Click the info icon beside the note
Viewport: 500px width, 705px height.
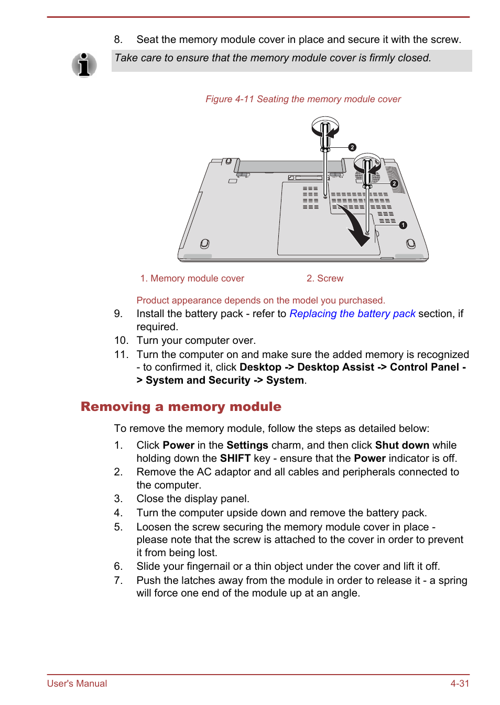(x=84, y=65)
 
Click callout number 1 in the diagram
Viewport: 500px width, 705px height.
(x=403, y=225)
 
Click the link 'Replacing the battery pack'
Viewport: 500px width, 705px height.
(x=352, y=313)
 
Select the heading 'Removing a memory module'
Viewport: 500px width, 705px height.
(x=181, y=407)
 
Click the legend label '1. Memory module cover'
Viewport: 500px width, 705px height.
(x=192, y=278)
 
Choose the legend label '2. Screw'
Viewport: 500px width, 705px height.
(x=325, y=278)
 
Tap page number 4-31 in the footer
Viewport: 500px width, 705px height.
(x=460, y=684)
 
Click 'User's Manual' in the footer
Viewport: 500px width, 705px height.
(x=77, y=684)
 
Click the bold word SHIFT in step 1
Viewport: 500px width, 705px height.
(x=235, y=458)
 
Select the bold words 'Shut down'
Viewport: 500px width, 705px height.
(x=402, y=445)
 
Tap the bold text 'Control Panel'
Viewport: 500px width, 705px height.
(x=424, y=367)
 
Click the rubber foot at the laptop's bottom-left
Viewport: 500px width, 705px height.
(x=204, y=244)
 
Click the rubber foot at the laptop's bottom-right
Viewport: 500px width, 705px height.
(x=410, y=243)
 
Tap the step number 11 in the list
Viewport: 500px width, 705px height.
(x=121, y=354)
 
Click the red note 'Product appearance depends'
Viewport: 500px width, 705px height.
(x=260, y=300)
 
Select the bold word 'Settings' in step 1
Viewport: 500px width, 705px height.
(x=247, y=445)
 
